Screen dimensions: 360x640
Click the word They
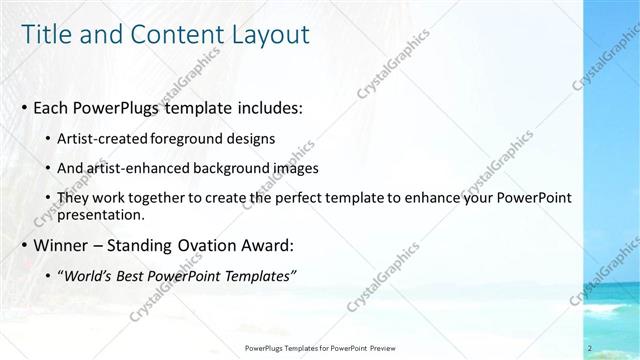74,198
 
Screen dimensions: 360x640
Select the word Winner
61,244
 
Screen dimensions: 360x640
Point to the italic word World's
90,275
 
